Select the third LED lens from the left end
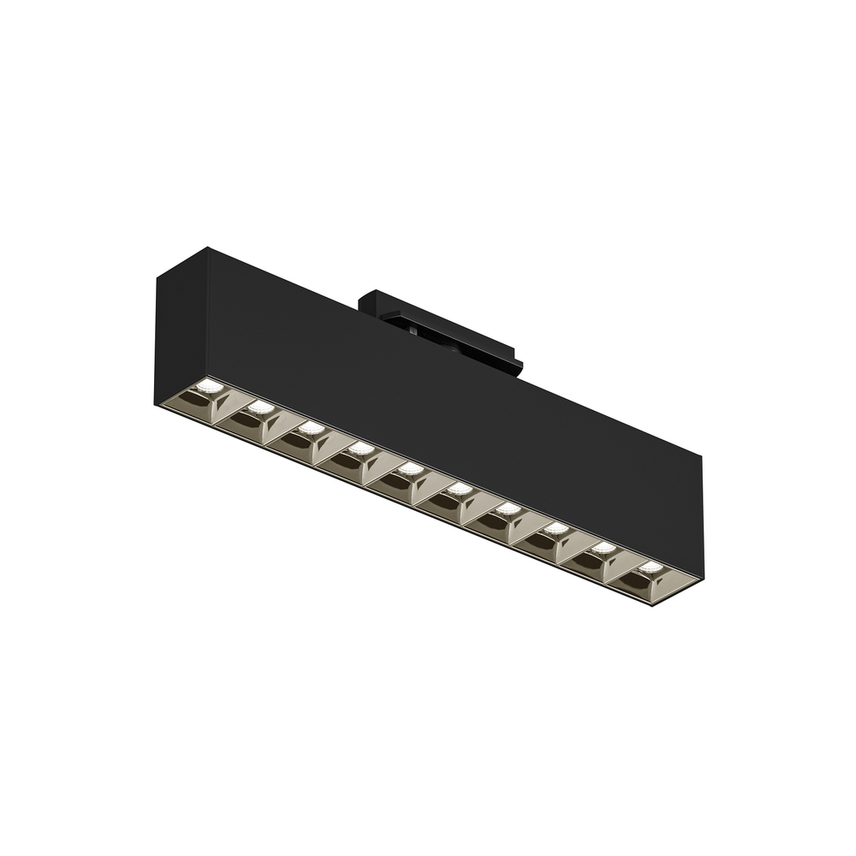click(312, 428)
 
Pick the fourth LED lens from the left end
click(361, 448)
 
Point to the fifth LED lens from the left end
click(411, 468)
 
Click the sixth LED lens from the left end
click(460, 489)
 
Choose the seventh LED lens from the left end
click(508, 508)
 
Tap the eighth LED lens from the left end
click(556, 528)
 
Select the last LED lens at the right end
click(651, 567)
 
